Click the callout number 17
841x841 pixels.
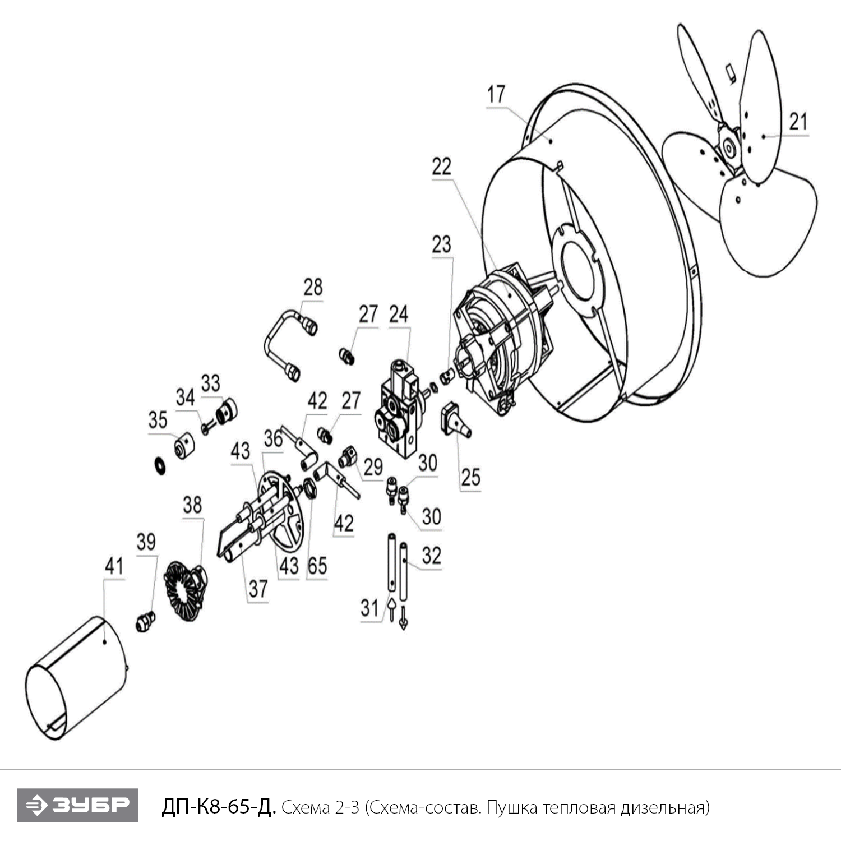[x=496, y=94]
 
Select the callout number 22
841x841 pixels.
[x=442, y=167]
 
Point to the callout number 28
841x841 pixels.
[x=313, y=287]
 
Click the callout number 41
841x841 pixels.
[x=114, y=566]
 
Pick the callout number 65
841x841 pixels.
[x=317, y=566]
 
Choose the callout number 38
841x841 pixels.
[x=192, y=505]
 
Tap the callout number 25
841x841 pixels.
[x=471, y=477]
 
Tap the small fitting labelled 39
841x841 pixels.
[x=145, y=621]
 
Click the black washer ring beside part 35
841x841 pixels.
[x=160, y=465]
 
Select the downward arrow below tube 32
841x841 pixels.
[x=403, y=621]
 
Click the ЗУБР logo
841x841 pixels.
[x=77, y=806]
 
